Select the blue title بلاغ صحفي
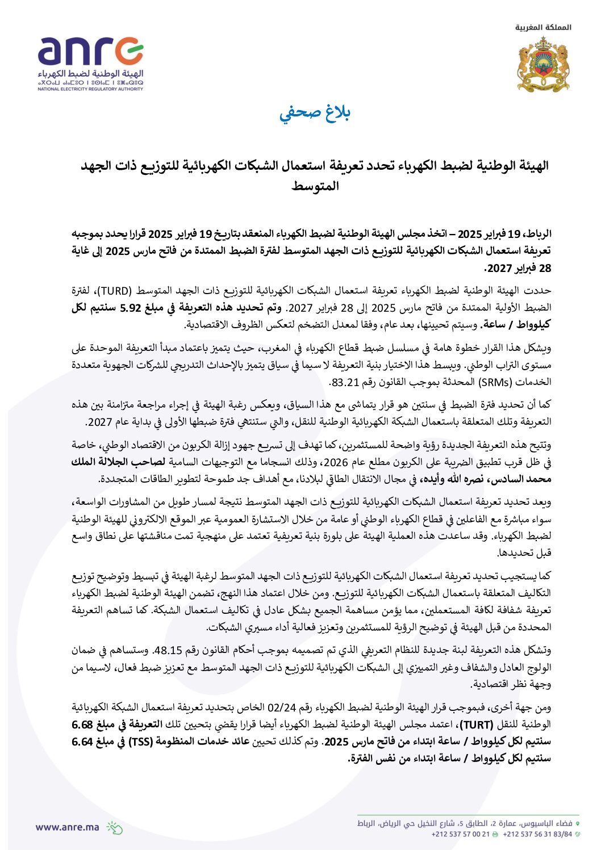click(315, 112)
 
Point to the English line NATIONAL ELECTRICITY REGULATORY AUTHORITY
click(91, 89)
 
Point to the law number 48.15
click(167, 651)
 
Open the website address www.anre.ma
click(67, 827)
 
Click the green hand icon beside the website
click(114, 828)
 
